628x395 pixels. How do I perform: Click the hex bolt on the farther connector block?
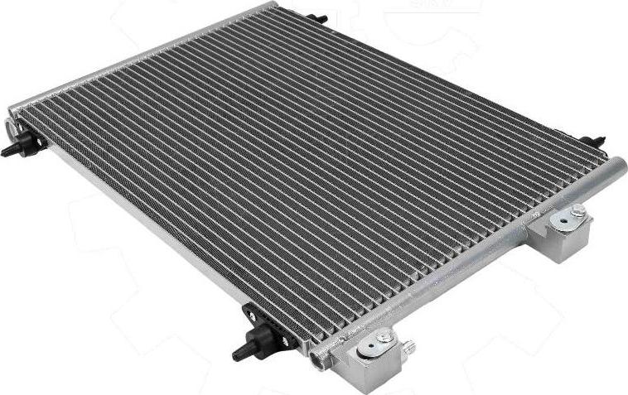578,212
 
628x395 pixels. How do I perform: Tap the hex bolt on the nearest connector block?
384,338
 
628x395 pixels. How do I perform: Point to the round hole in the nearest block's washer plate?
362,354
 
